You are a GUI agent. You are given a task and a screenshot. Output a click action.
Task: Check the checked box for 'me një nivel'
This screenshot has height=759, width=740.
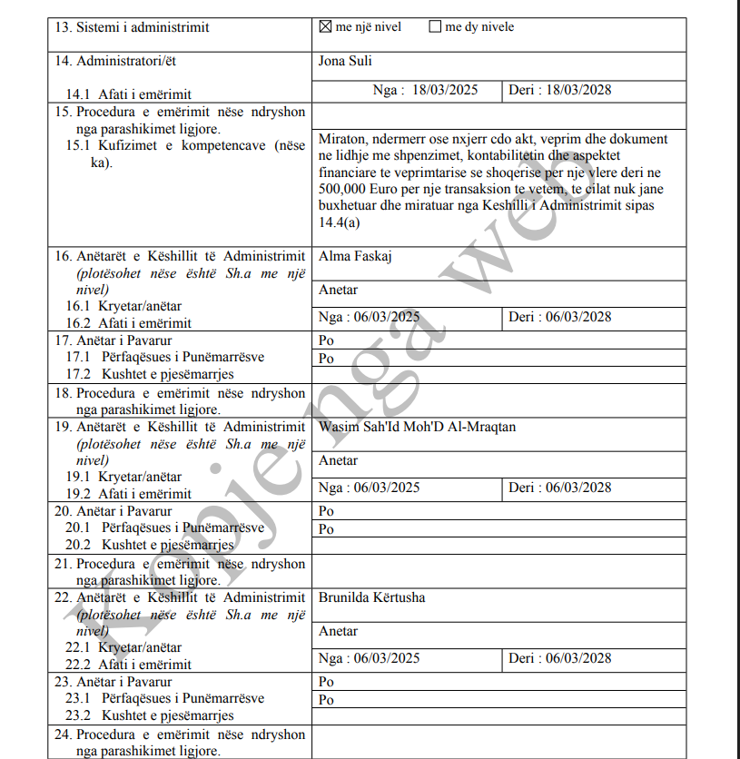(326, 27)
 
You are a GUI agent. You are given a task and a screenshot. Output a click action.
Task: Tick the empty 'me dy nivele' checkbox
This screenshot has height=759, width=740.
(435, 27)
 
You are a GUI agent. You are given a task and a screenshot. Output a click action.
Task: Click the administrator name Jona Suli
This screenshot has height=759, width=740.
(346, 62)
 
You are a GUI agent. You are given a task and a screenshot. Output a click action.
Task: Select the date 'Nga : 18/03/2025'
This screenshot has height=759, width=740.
(425, 90)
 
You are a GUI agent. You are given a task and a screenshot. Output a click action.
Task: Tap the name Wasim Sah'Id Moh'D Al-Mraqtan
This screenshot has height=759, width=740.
(417, 427)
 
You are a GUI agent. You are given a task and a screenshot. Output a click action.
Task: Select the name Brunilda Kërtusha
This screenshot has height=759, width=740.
(371, 597)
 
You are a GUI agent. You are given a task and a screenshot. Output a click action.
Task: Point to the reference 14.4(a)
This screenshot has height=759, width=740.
(339, 222)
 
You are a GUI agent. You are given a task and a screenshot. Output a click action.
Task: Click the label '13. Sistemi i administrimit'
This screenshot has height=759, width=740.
(132, 27)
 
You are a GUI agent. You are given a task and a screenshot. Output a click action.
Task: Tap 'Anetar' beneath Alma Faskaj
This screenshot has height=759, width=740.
(338, 291)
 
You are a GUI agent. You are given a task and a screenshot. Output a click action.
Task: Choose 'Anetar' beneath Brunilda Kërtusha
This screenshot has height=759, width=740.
(338, 631)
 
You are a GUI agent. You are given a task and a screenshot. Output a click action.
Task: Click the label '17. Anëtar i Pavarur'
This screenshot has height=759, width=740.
(113, 340)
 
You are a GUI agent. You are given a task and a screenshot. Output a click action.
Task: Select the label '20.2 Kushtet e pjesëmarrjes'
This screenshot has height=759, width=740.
(149, 545)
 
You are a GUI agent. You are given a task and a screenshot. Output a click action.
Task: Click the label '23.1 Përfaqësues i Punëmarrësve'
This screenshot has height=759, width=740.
(164, 698)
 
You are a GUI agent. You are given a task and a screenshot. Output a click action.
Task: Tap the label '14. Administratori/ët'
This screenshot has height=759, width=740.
(121, 62)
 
